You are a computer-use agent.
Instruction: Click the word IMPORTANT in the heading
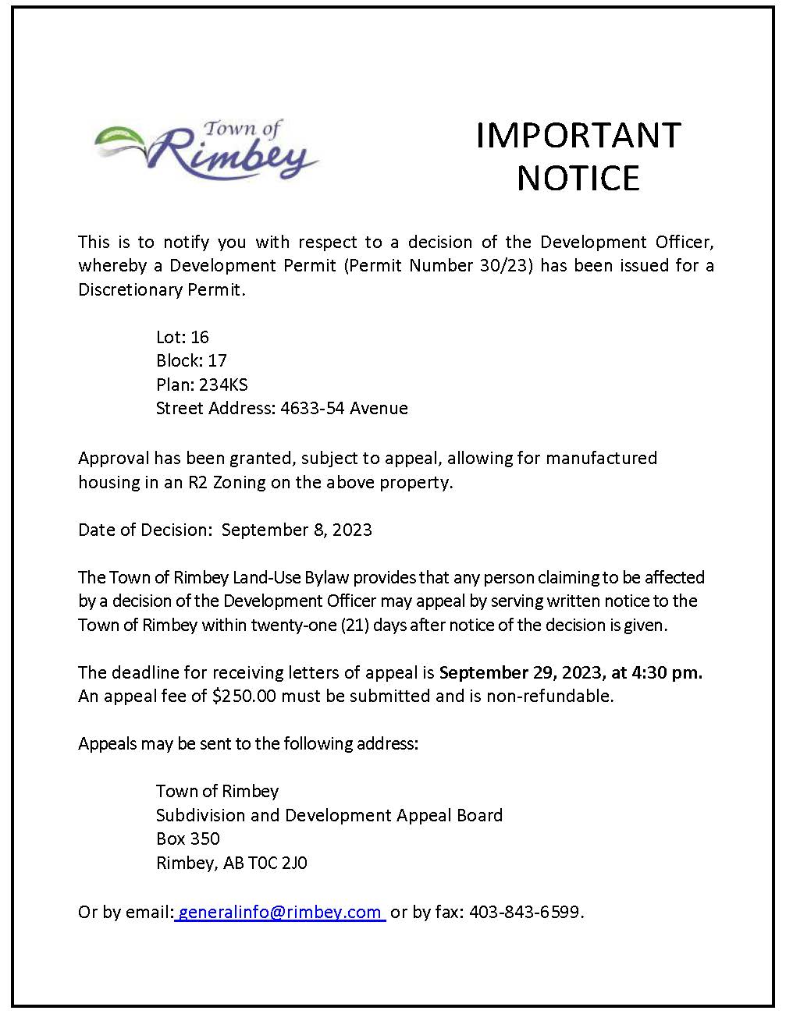tap(578, 136)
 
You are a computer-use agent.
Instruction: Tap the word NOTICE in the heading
tap(578, 178)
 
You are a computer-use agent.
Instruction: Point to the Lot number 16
tap(200, 337)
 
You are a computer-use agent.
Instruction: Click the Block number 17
tap(218, 360)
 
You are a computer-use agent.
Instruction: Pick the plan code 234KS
tap(223, 385)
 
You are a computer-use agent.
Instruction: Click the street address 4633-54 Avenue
tap(344, 408)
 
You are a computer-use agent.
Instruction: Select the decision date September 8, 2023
tap(297, 530)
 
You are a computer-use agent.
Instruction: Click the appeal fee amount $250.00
tap(244, 696)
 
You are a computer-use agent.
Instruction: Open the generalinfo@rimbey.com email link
tap(280, 912)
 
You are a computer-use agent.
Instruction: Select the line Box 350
tap(188, 838)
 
